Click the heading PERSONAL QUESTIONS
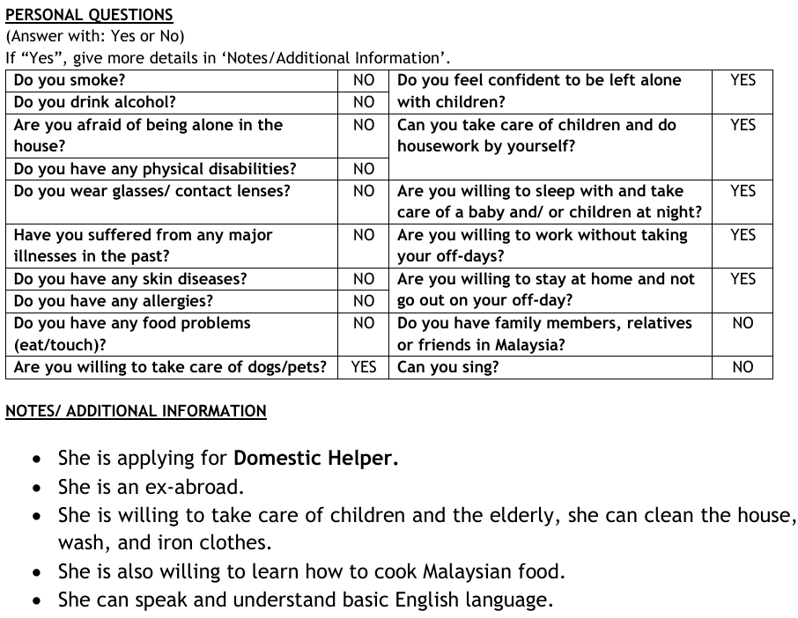(x=89, y=15)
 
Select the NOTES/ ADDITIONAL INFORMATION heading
(x=136, y=411)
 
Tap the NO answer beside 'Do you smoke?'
(x=364, y=80)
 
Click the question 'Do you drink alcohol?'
(x=95, y=102)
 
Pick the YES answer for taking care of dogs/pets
(x=364, y=367)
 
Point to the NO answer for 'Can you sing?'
(x=743, y=367)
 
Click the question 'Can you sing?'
(x=448, y=367)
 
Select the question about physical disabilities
(x=155, y=168)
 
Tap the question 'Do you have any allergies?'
(x=113, y=301)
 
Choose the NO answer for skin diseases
(x=364, y=279)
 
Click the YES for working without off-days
(x=743, y=235)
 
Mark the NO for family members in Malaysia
(x=743, y=323)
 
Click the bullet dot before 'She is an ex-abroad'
(x=36, y=488)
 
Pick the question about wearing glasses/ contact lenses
(x=152, y=190)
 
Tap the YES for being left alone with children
(x=743, y=80)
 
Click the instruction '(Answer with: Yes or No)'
(x=95, y=37)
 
